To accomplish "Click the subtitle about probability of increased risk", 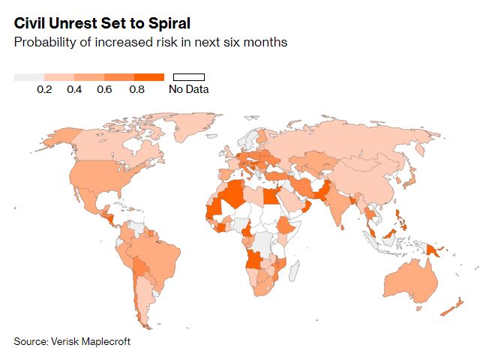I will click(150, 42).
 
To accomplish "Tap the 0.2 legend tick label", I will click(44, 89).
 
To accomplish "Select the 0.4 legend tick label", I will click(74, 89).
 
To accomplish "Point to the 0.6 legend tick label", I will click(104, 89).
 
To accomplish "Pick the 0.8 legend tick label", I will click(136, 89).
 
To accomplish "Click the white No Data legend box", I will click(189, 76).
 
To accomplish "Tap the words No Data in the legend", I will click(189, 89).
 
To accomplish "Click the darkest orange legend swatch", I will click(149, 76).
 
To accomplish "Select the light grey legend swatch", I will click(29, 76).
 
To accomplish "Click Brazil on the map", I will click(161, 259).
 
